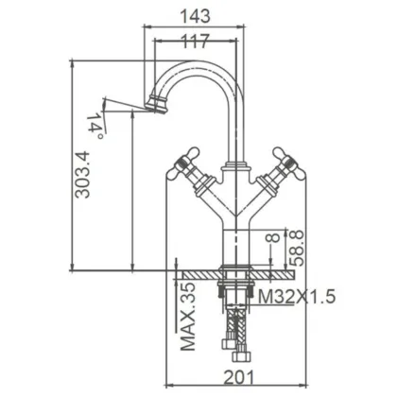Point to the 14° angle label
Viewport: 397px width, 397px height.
pyautogui.click(x=95, y=123)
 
